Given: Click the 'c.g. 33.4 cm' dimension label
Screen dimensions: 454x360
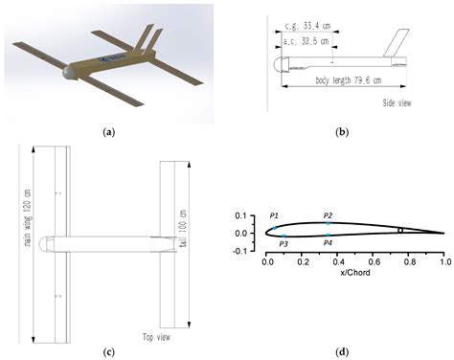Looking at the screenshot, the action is tap(306, 28).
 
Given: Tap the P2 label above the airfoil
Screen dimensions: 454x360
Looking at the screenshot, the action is tap(328, 215).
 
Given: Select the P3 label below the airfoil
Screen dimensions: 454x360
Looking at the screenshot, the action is tap(283, 244).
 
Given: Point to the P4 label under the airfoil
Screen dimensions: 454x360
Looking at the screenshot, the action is tap(328, 244).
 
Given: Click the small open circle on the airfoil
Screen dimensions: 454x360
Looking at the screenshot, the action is tap(400, 230).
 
